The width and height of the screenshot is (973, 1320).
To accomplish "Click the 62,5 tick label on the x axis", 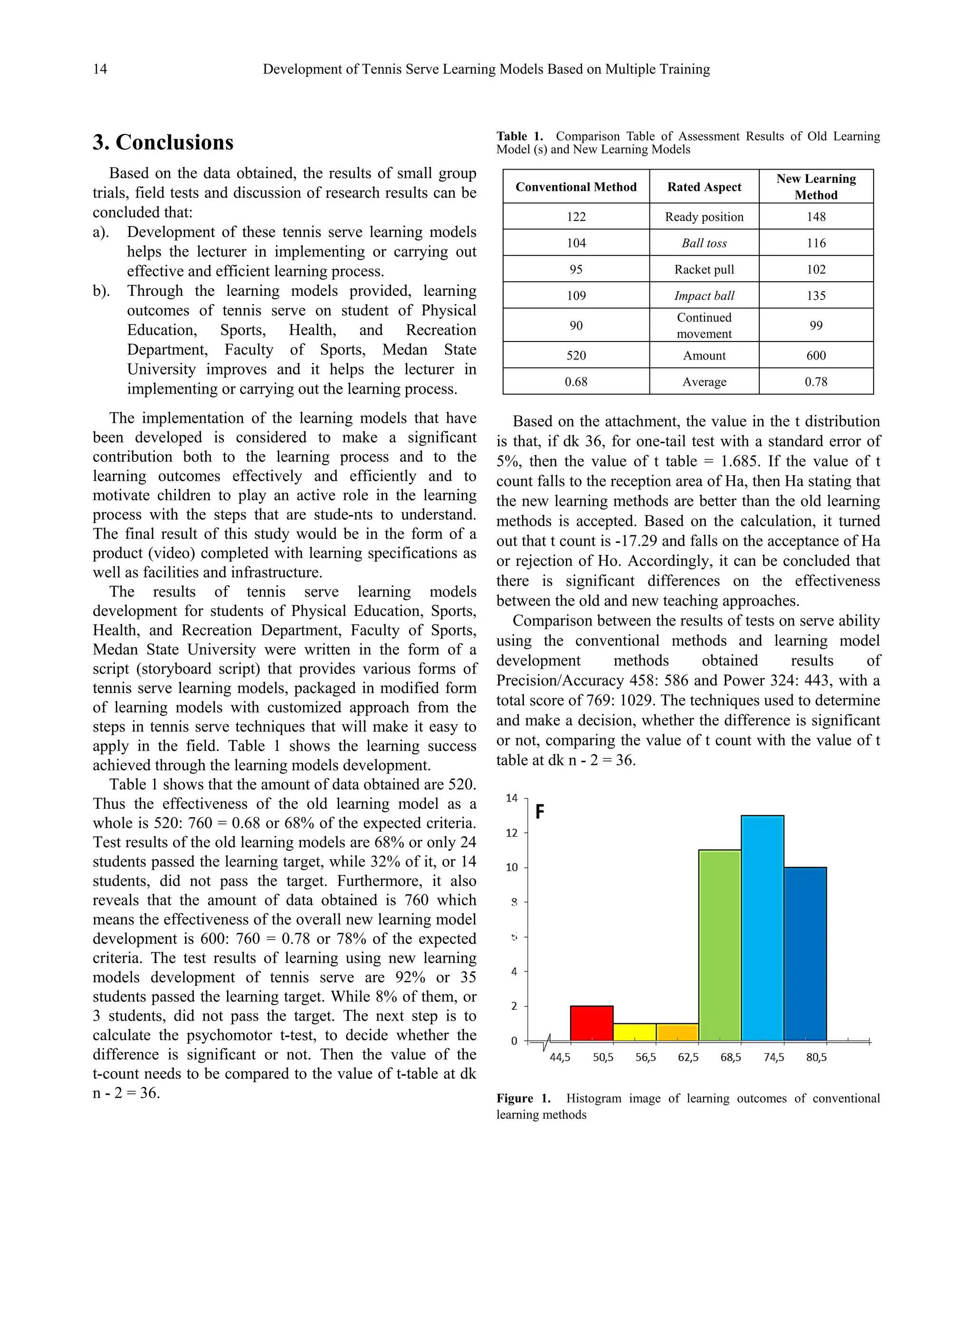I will click(688, 1057).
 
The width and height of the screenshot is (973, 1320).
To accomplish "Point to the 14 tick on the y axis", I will click(511, 798).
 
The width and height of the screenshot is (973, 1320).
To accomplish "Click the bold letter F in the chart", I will click(540, 813).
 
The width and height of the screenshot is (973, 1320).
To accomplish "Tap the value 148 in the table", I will click(816, 217).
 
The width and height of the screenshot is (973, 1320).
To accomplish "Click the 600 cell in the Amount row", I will click(816, 356).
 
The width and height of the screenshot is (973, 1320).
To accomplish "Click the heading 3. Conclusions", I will click(162, 142).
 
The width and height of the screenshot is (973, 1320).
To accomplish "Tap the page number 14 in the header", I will click(100, 69).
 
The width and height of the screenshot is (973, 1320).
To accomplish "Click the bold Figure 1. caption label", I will click(523, 1098).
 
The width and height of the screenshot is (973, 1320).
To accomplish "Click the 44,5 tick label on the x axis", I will click(560, 1057).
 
